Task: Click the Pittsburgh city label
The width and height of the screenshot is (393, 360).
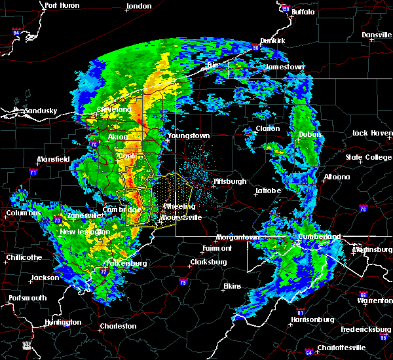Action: point(230,181)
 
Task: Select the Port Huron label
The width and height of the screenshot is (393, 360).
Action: point(62,5)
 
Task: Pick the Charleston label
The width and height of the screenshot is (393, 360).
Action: point(118,326)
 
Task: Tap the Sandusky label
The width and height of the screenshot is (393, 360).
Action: point(41,111)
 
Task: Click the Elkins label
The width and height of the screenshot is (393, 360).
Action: point(232,286)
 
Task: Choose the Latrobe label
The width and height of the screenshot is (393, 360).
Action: point(271,190)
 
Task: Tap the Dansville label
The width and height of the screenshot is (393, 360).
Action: point(376,35)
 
